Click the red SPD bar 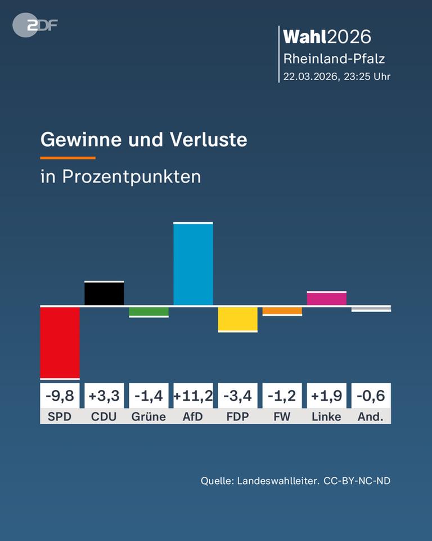point(60,342)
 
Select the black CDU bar point(104,293)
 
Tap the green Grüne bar point(148,311)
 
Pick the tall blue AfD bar point(193,264)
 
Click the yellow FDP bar point(237,318)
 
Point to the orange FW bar point(282,311)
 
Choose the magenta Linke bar point(326,298)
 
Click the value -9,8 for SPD point(60,396)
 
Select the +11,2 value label point(193,396)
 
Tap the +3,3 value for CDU point(104,396)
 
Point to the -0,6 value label point(371,396)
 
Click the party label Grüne point(148,416)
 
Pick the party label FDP point(237,416)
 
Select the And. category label point(371,416)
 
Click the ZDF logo point(35,25)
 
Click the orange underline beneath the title point(67,158)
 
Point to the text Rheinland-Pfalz point(334,58)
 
